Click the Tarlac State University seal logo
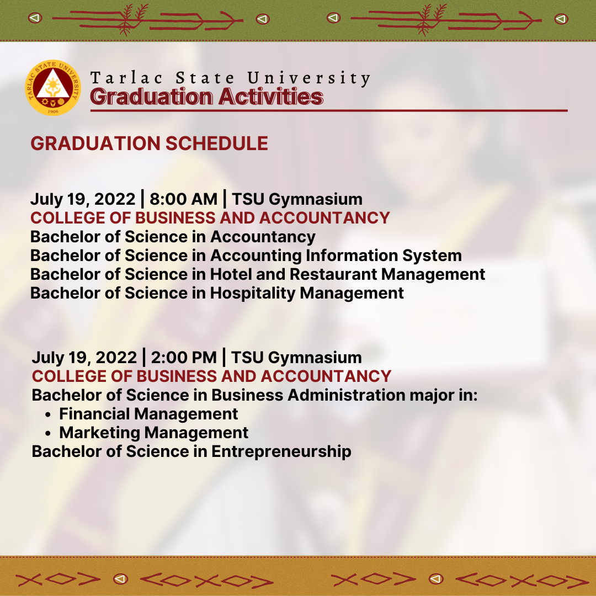(x=53, y=87)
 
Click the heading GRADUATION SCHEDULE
(x=150, y=143)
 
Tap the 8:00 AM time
(x=184, y=199)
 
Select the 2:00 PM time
(x=184, y=358)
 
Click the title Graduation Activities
(x=206, y=97)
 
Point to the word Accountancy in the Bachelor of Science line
(x=263, y=237)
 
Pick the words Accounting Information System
(x=336, y=256)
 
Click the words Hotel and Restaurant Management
(x=348, y=274)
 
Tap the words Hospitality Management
(x=307, y=293)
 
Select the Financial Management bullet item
(x=148, y=414)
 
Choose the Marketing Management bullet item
(x=154, y=433)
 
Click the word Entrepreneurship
(x=281, y=451)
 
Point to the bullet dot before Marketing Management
(x=47, y=434)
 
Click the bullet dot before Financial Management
(x=47, y=415)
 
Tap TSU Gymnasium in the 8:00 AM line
(x=297, y=199)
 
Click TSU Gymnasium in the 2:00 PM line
(x=296, y=358)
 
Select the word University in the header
(x=308, y=78)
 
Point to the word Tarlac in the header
(x=126, y=78)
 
